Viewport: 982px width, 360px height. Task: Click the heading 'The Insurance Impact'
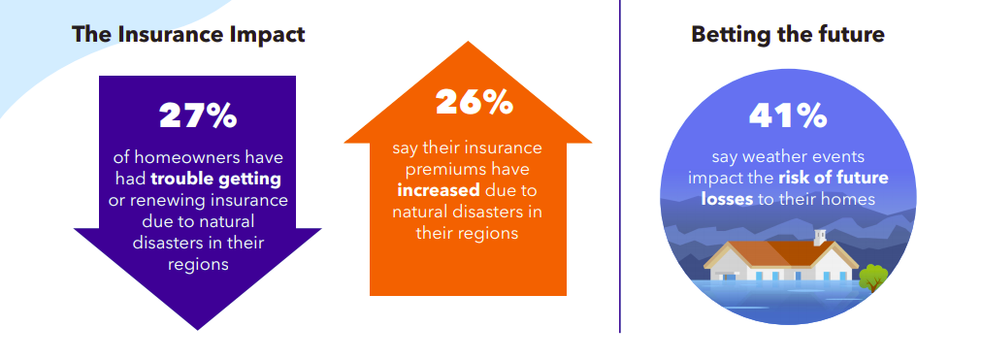click(188, 34)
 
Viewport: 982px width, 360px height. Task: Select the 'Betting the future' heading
click(788, 34)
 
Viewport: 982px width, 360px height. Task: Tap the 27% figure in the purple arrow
click(198, 115)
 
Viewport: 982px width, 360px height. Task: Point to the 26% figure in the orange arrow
click(475, 102)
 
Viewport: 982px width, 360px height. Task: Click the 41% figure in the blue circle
click(788, 115)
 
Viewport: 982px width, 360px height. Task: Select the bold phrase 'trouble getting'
click(215, 180)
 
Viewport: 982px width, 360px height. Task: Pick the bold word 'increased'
click(447, 190)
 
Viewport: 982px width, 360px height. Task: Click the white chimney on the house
click(820, 238)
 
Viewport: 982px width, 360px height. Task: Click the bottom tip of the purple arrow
click(198, 329)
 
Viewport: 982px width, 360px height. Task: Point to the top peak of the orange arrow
click(468, 42)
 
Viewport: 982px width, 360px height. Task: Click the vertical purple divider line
click(620, 166)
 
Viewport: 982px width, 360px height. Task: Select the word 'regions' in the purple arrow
click(198, 264)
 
